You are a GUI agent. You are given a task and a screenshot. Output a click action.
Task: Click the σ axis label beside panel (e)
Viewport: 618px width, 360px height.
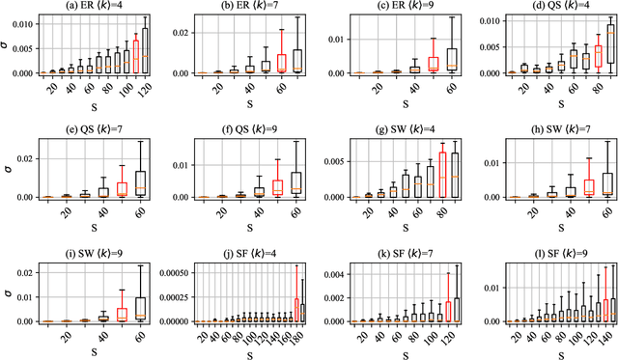tap(8, 172)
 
